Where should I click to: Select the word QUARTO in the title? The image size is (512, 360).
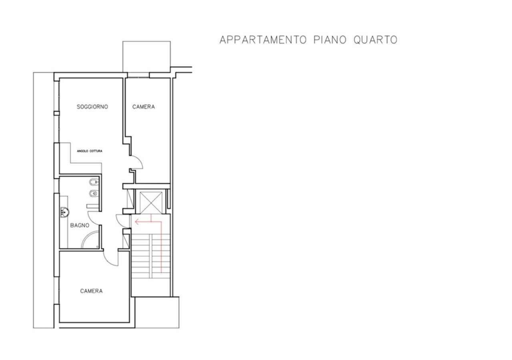click(375, 40)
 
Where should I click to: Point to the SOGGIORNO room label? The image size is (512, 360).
click(93, 107)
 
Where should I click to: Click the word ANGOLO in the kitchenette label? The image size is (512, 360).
click(84, 151)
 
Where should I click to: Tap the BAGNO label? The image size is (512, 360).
click(80, 226)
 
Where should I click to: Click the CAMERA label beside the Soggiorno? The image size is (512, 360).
click(144, 107)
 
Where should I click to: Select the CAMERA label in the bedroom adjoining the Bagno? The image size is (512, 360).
click(91, 291)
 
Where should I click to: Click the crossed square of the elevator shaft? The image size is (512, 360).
click(150, 202)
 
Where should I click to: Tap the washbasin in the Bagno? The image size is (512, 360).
click(65, 212)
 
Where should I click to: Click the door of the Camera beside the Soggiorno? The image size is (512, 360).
click(137, 162)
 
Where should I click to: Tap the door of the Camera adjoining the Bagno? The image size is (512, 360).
click(112, 258)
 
